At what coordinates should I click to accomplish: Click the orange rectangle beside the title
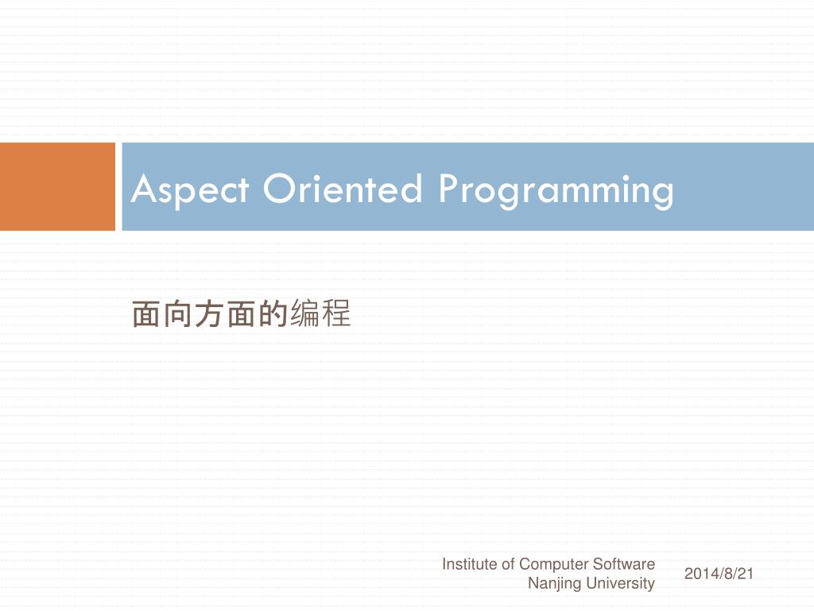[x=57, y=187]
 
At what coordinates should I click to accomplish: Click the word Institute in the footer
[x=470, y=564]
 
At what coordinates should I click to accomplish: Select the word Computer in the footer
[x=555, y=564]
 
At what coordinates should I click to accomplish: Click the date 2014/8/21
[x=718, y=574]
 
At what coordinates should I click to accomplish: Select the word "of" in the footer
[x=509, y=564]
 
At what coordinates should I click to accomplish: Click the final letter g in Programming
[x=663, y=193]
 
